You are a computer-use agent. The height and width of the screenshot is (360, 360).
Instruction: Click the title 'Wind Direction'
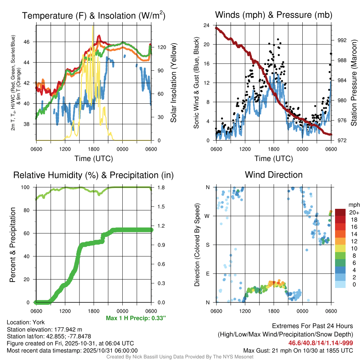274,175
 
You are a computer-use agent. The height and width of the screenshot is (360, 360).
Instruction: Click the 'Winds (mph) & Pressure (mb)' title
274,15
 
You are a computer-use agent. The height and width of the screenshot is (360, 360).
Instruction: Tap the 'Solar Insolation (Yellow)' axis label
173,83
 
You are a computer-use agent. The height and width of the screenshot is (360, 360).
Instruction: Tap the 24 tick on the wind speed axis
206,25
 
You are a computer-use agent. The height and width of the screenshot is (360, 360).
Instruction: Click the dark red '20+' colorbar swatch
340,212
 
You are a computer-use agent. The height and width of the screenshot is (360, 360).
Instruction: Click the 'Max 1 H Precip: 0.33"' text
136,318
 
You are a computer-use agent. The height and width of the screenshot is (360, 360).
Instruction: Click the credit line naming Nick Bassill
180,357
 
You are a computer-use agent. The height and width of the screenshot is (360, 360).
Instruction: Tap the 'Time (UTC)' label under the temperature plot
94,159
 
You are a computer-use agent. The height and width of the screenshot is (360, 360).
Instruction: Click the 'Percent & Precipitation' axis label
13,245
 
